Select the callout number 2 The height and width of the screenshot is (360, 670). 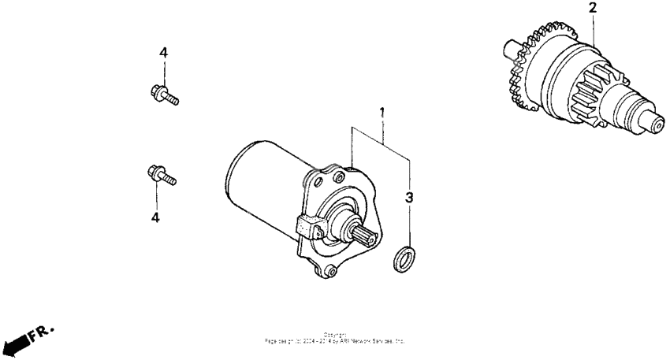pyautogui.click(x=592, y=9)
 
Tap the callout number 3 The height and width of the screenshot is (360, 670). pyautogui.click(x=409, y=197)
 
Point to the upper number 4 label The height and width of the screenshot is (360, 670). pyautogui.click(x=163, y=53)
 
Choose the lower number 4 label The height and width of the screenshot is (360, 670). pyautogui.click(x=155, y=217)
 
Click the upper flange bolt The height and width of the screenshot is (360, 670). pyautogui.click(x=163, y=95)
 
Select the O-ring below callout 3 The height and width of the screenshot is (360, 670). pyautogui.click(x=402, y=258)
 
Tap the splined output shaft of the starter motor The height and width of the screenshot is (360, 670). pyautogui.click(x=363, y=233)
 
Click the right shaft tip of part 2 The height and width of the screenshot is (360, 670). pyautogui.click(x=657, y=123)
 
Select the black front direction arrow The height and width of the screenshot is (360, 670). pyautogui.click(x=13, y=344)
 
